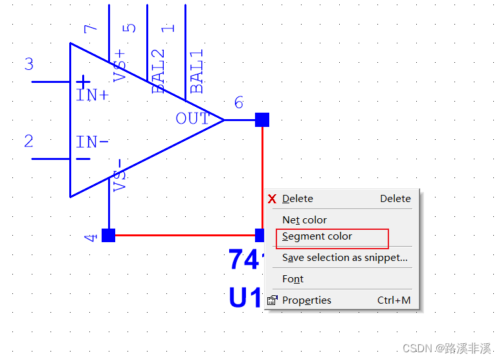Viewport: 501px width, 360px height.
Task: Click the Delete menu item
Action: tap(298, 199)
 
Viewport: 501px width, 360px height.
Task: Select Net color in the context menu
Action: tap(304, 220)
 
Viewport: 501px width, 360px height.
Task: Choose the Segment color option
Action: tap(317, 237)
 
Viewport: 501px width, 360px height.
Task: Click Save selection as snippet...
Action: tap(344, 258)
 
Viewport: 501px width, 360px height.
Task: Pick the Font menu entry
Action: tap(293, 279)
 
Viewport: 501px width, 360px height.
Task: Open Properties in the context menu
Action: tap(306, 300)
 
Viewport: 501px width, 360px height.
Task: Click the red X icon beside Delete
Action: tap(273, 199)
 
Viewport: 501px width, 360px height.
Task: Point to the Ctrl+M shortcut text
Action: tap(394, 300)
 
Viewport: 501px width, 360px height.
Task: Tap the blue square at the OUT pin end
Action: tap(262, 120)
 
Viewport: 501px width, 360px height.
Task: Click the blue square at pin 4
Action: tap(108, 235)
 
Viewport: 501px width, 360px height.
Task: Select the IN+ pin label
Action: tap(93, 96)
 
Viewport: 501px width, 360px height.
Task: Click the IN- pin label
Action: tap(93, 142)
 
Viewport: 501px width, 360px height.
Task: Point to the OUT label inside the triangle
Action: tap(192, 118)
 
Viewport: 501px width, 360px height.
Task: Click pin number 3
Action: tap(28, 64)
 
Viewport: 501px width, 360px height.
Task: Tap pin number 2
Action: tap(28, 141)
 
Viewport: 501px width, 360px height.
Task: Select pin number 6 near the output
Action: tap(239, 102)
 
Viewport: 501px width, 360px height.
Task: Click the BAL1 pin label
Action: tap(197, 72)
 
